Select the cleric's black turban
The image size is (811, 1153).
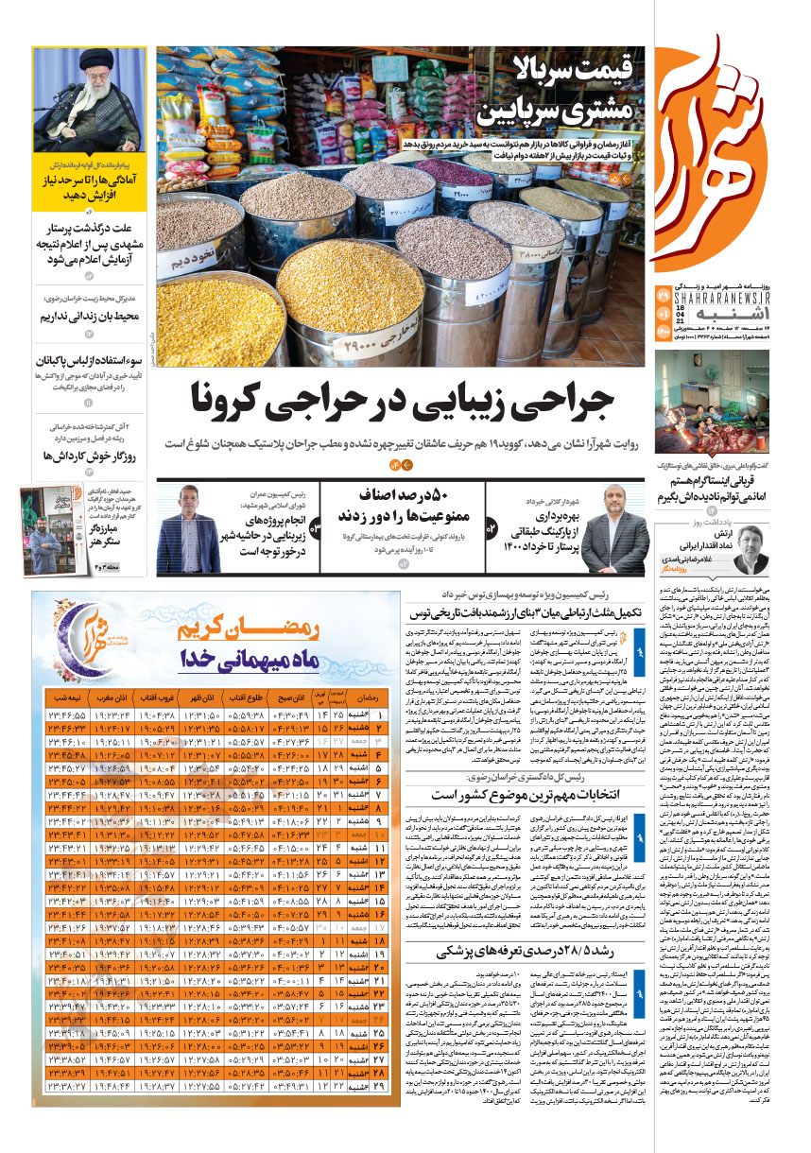click(85, 63)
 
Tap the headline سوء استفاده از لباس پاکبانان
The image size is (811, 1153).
click(91, 361)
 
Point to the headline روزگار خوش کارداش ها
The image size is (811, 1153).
click(93, 456)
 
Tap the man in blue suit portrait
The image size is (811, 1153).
click(181, 531)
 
